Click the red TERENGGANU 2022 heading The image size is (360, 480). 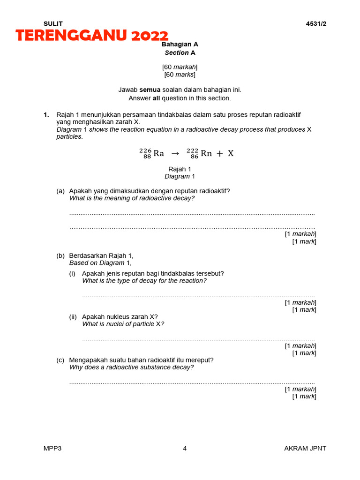point(92,36)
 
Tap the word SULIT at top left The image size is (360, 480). point(53,24)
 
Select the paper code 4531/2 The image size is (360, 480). point(316,24)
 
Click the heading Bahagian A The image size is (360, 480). point(180,44)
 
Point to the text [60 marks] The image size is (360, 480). point(180,75)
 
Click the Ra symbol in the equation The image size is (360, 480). point(158,153)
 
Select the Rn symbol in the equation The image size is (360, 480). point(206,153)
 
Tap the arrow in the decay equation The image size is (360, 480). point(175,153)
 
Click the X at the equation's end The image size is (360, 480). point(231,153)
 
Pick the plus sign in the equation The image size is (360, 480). point(219,153)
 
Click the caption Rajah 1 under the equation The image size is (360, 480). point(180,169)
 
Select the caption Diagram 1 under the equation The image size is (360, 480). point(180,176)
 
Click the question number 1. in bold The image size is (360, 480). point(46,114)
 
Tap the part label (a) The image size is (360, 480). point(60,191)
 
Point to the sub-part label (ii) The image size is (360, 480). point(73,316)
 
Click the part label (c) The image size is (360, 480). point(60,360)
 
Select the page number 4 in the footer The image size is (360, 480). point(185,448)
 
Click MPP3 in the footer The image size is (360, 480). point(52,448)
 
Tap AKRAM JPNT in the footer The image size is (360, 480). point(305,448)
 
